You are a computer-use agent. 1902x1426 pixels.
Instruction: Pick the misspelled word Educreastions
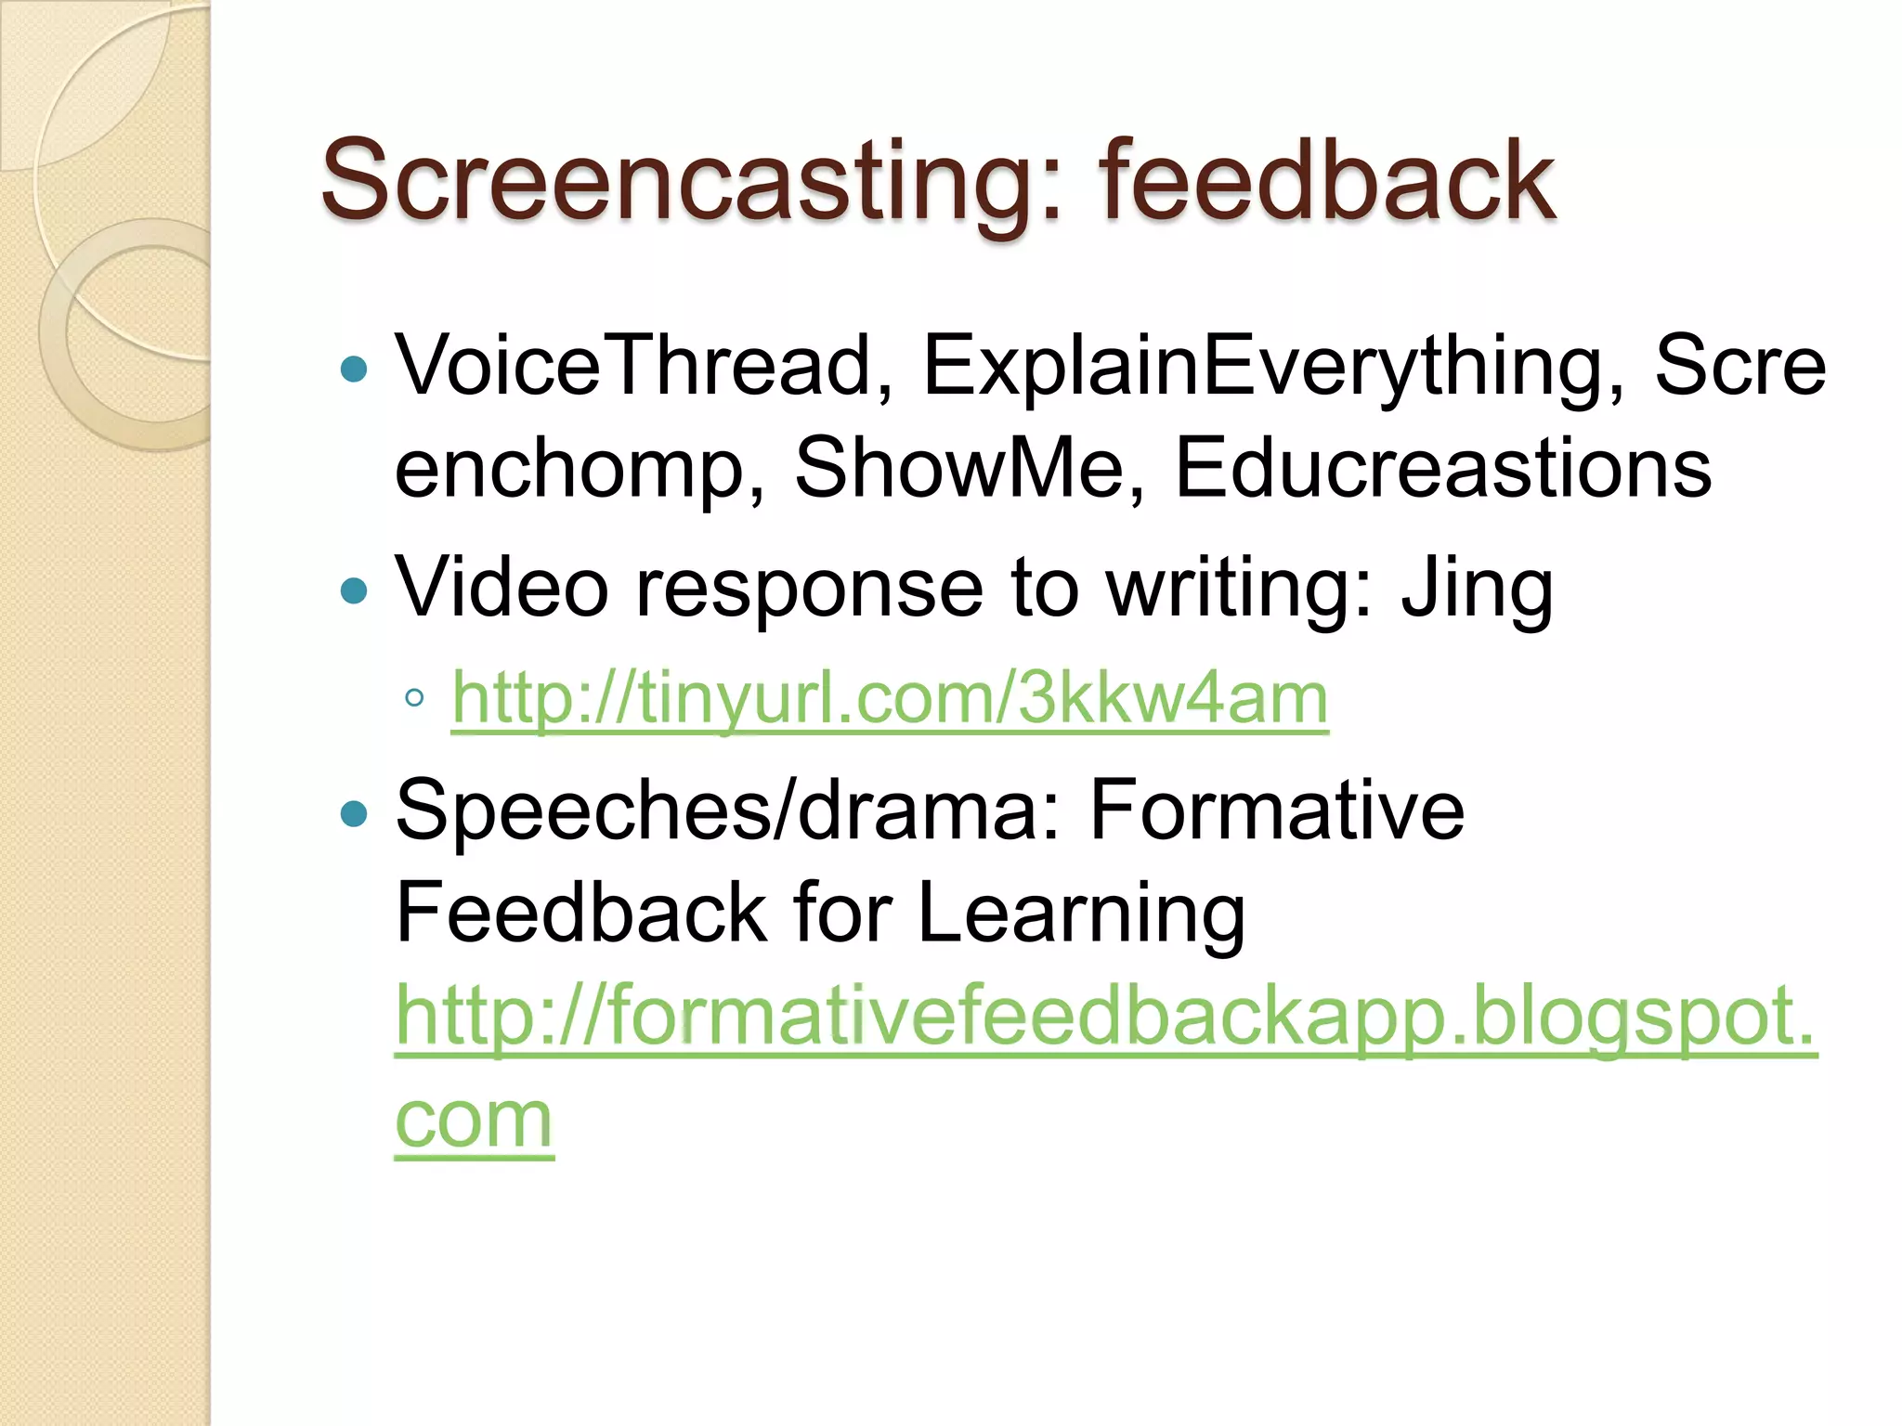pyautogui.click(x=1442, y=467)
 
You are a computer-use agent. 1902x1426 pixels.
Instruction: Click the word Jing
pyautogui.click(x=1477, y=589)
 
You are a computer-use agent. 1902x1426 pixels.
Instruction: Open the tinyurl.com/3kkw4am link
pyautogui.click(x=890, y=698)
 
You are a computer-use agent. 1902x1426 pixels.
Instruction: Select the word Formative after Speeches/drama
pyautogui.click(x=1276, y=810)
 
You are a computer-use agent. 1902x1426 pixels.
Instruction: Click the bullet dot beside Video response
pyautogui.click(x=354, y=590)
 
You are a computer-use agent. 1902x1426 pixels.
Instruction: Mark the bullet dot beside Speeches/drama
pyautogui.click(x=354, y=814)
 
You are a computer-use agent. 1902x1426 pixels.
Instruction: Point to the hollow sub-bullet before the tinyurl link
pyautogui.click(x=414, y=698)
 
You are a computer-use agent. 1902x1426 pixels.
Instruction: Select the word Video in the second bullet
pyautogui.click(x=502, y=589)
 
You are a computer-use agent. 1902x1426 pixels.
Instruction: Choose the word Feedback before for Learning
pyautogui.click(x=581, y=913)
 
